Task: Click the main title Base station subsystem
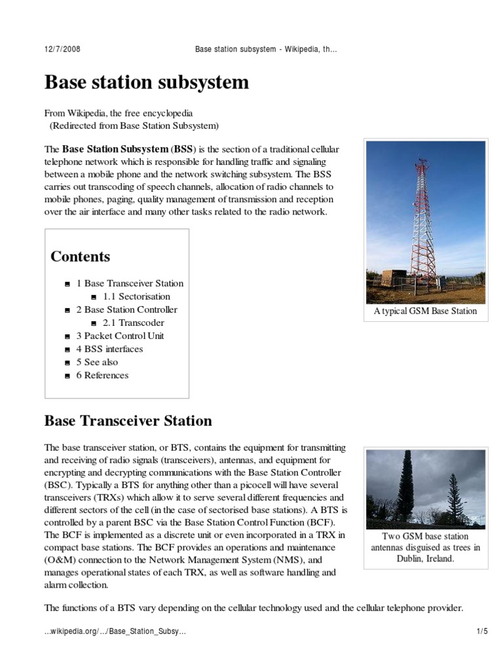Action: tap(146, 83)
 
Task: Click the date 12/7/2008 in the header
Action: tap(62, 50)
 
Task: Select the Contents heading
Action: tap(80, 256)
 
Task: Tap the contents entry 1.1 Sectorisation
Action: tap(136, 296)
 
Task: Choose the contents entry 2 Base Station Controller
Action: tap(126, 309)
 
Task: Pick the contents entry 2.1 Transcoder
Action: tap(133, 323)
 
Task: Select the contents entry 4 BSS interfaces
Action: tap(109, 349)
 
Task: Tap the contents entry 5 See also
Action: tap(97, 362)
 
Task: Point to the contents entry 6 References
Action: tap(102, 375)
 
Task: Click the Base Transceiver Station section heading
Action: tap(128, 420)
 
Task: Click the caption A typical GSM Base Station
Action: tap(426, 311)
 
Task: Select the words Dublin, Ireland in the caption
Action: tap(425, 559)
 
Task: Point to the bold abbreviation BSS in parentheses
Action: tap(183, 149)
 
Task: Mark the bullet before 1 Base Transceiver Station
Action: tap(68, 284)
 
